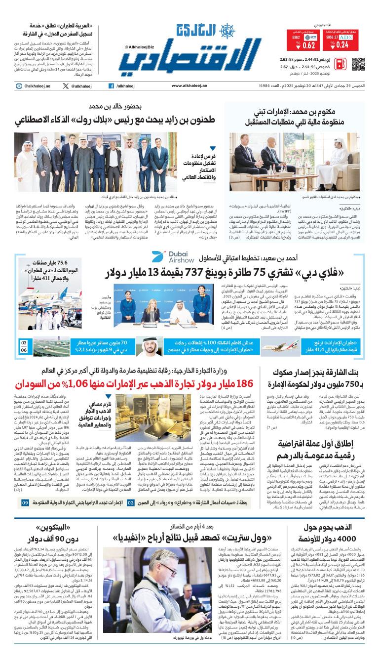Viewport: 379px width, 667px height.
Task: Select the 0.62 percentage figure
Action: (309, 45)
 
